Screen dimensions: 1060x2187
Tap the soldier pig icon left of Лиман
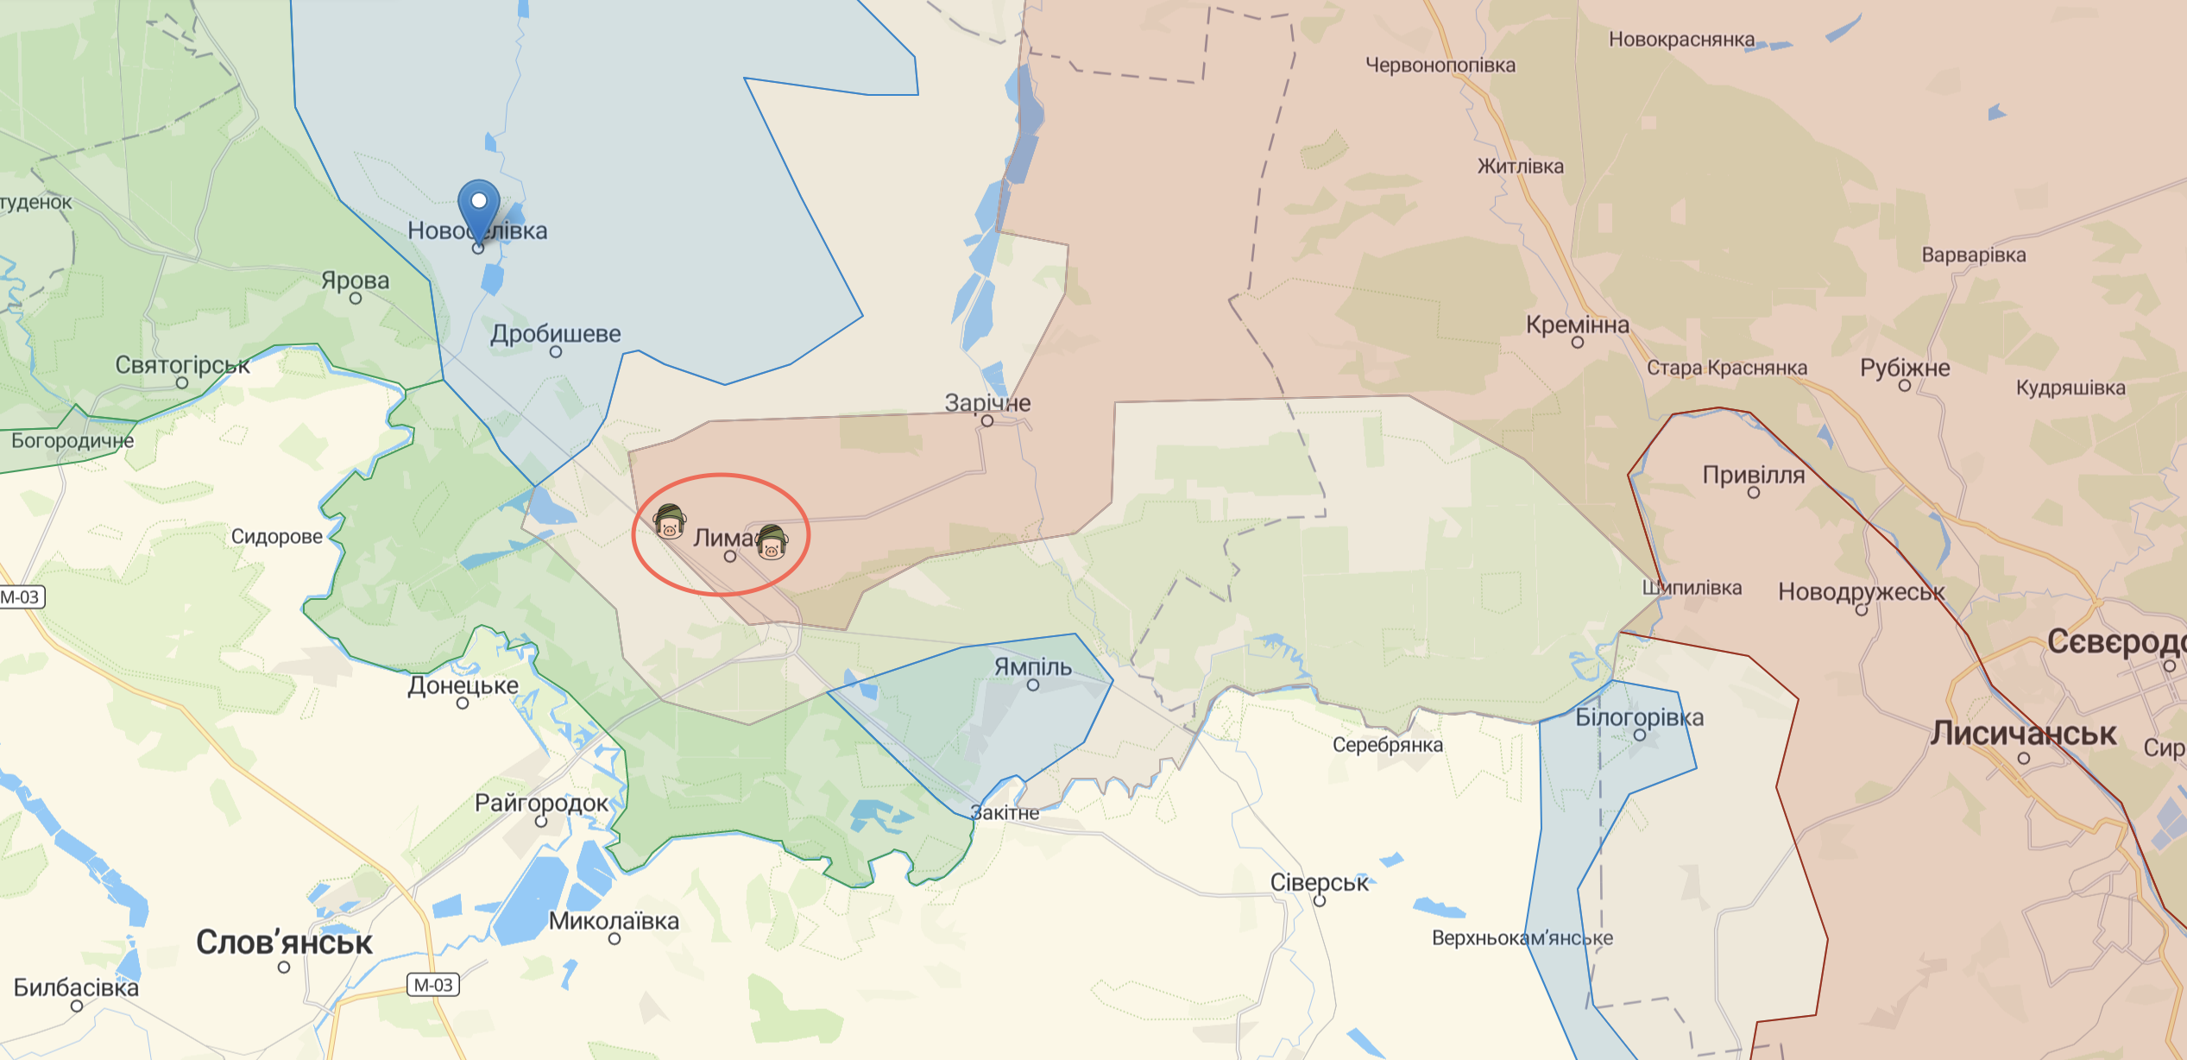click(670, 522)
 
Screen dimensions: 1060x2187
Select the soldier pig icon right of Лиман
click(772, 543)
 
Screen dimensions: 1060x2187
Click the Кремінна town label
click(1577, 325)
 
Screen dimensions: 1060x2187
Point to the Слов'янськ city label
click(284, 942)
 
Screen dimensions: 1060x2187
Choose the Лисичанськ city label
click(2023, 733)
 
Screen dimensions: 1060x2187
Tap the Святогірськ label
click(182, 365)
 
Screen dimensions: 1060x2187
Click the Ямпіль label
click(1032, 666)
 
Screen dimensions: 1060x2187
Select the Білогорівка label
click(1639, 717)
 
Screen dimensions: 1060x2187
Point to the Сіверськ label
click(1319, 882)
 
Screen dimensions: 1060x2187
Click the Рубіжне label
click(1905, 368)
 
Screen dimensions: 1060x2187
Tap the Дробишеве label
click(556, 333)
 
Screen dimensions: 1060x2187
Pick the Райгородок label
click(541, 803)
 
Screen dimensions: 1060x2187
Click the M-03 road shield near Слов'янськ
click(433, 985)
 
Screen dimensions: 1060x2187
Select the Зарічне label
click(987, 402)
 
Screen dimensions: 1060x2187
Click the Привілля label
click(1753, 475)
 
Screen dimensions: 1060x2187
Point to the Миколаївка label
click(614, 921)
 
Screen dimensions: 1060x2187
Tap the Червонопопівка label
click(1440, 65)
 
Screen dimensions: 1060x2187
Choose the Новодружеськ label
click(1861, 592)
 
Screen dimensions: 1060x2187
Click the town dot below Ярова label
click(356, 299)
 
